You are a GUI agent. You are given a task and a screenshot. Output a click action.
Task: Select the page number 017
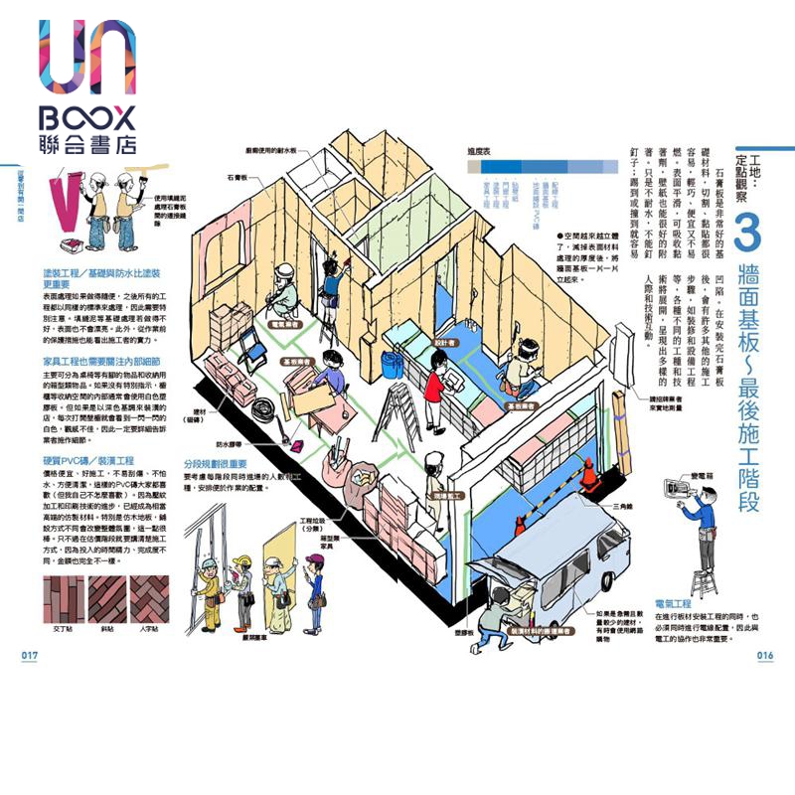28,655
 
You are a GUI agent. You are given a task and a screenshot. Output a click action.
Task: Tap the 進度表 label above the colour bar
480,151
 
